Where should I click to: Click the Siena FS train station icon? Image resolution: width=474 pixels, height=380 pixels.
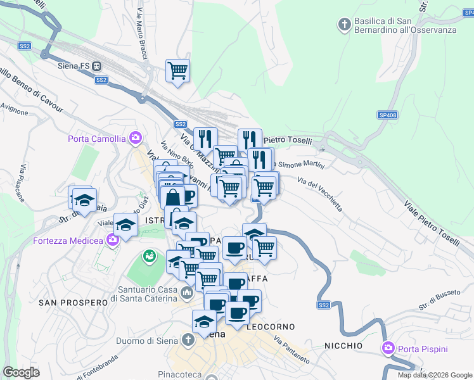click(97, 65)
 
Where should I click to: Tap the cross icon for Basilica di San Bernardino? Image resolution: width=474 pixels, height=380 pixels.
click(344, 25)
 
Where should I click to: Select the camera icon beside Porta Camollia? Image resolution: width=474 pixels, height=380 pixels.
click(135, 137)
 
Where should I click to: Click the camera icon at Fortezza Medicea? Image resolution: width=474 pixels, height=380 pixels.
click(113, 239)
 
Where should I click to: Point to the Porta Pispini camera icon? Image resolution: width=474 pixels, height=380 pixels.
click(388, 348)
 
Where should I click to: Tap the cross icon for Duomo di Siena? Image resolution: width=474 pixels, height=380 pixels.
click(188, 341)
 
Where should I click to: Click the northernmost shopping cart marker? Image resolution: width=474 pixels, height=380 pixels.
click(177, 70)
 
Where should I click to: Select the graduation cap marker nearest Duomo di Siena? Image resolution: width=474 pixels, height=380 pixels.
click(204, 321)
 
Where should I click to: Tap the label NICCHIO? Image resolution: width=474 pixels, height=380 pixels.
click(343, 346)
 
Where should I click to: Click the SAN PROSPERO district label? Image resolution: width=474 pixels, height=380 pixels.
click(74, 303)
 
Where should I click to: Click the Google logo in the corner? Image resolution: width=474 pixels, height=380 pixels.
click(21, 372)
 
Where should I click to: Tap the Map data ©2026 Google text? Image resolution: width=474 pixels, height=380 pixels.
click(434, 375)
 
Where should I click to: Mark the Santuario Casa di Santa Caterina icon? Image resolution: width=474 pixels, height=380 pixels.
click(186, 292)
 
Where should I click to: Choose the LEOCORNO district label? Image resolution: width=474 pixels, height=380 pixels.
click(271, 327)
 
